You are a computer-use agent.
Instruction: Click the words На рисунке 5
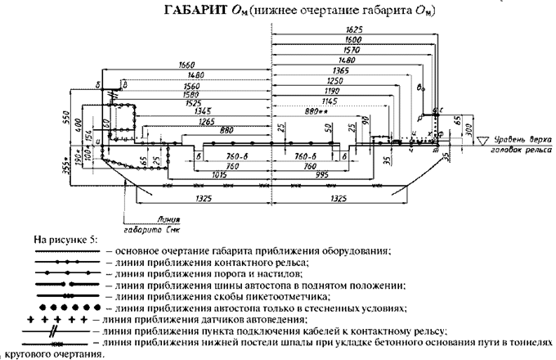tap(65, 238)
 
